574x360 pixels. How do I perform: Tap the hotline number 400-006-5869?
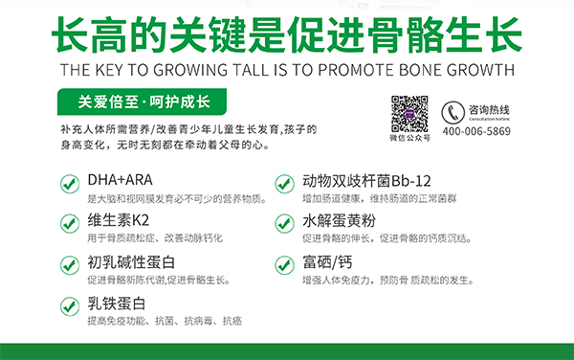(476, 132)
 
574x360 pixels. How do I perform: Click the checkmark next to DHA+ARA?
(70, 182)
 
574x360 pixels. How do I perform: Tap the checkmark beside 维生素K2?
(70, 223)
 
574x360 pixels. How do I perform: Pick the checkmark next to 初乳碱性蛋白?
(70, 264)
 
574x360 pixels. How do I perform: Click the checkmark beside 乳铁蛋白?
(70, 305)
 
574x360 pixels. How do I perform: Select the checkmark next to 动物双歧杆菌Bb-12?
(284, 182)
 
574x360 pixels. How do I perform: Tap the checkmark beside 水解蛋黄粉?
(284, 223)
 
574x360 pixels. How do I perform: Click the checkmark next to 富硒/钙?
(284, 264)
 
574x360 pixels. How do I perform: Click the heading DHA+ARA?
(120, 178)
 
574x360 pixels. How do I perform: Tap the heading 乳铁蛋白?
(118, 303)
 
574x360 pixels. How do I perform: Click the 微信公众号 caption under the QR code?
(411, 139)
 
